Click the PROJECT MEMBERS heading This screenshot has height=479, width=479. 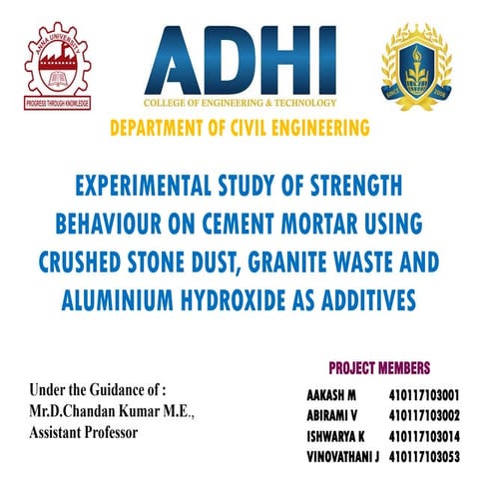(x=379, y=367)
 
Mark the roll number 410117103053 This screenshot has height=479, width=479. (x=424, y=455)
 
